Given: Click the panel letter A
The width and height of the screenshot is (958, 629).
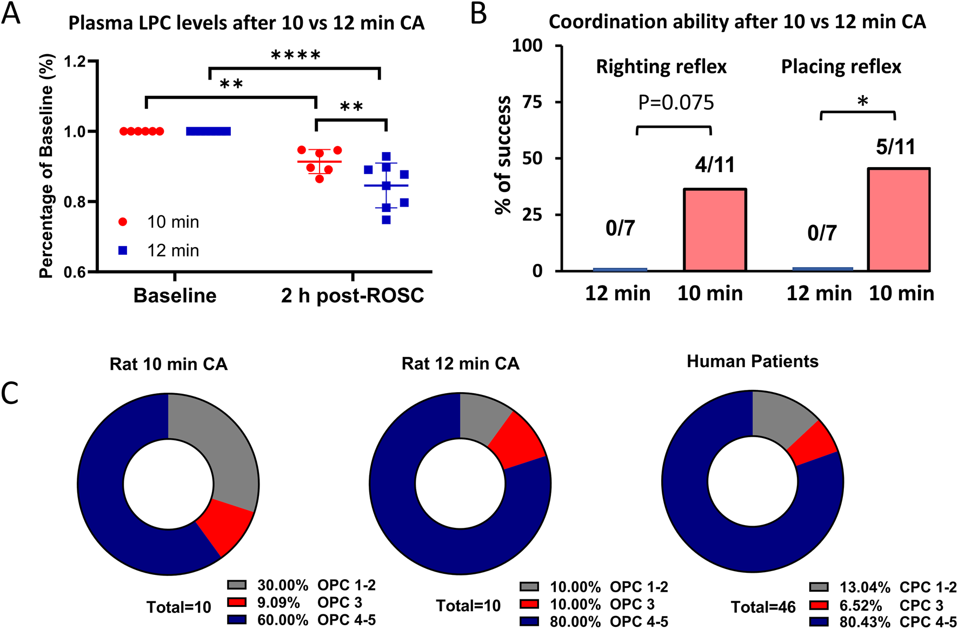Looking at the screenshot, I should pyautogui.click(x=11, y=14).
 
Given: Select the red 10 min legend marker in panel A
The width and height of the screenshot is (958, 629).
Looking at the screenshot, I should pyautogui.click(x=123, y=222).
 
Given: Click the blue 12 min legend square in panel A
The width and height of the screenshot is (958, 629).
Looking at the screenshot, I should pyautogui.click(x=123, y=250).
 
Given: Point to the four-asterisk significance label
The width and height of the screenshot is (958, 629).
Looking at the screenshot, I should pyautogui.click(x=295, y=55).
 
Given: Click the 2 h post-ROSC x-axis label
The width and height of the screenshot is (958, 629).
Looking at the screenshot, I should pyautogui.click(x=352, y=296).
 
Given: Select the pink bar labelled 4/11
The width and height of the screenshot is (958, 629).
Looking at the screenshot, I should pyautogui.click(x=715, y=230).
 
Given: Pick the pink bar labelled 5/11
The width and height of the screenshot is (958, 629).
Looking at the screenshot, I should pyautogui.click(x=899, y=220).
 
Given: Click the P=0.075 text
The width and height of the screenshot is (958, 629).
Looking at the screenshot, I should pyautogui.click(x=676, y=103).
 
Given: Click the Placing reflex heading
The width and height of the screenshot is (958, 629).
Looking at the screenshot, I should pyautogui.click(x=841, y=67).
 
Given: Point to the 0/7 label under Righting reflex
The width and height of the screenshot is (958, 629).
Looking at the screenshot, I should pyautogui.click(x=620, y=228).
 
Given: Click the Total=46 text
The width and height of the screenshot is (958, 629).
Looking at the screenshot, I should pyautogui.click(x=763, y=607).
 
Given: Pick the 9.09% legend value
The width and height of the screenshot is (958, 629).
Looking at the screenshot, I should pyautogui.click(x=278, y=602).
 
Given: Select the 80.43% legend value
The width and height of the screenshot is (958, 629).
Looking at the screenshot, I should pyautogui.click(x=864, y=622).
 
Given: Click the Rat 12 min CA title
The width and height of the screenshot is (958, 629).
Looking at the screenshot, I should pyautogui.click(x=460, y=363).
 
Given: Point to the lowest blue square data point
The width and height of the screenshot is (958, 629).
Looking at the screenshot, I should pyautogui.click(x=386, y=220).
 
